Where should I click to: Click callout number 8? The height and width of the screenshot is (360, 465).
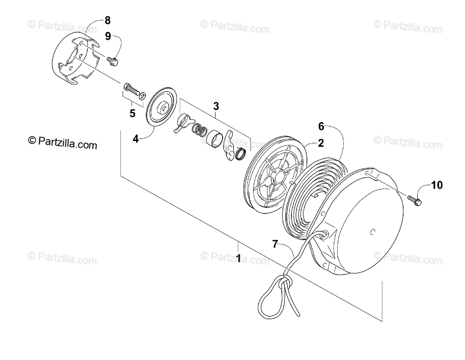(107, 20)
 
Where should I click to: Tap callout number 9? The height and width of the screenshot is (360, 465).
(108, 36)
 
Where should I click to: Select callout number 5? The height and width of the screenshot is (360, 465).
(133, 113)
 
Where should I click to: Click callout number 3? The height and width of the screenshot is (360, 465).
(216, 106)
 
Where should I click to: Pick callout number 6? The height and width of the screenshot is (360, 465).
(321, 126)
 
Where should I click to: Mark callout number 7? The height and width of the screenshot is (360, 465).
(275, 244)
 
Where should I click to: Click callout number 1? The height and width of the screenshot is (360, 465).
(238, 257)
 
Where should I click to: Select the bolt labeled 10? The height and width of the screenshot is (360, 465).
(415, 200)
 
